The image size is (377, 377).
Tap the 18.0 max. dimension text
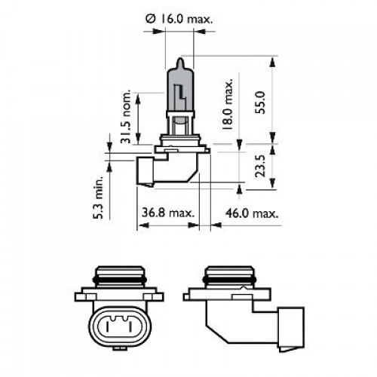click(x=227, y=109)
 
